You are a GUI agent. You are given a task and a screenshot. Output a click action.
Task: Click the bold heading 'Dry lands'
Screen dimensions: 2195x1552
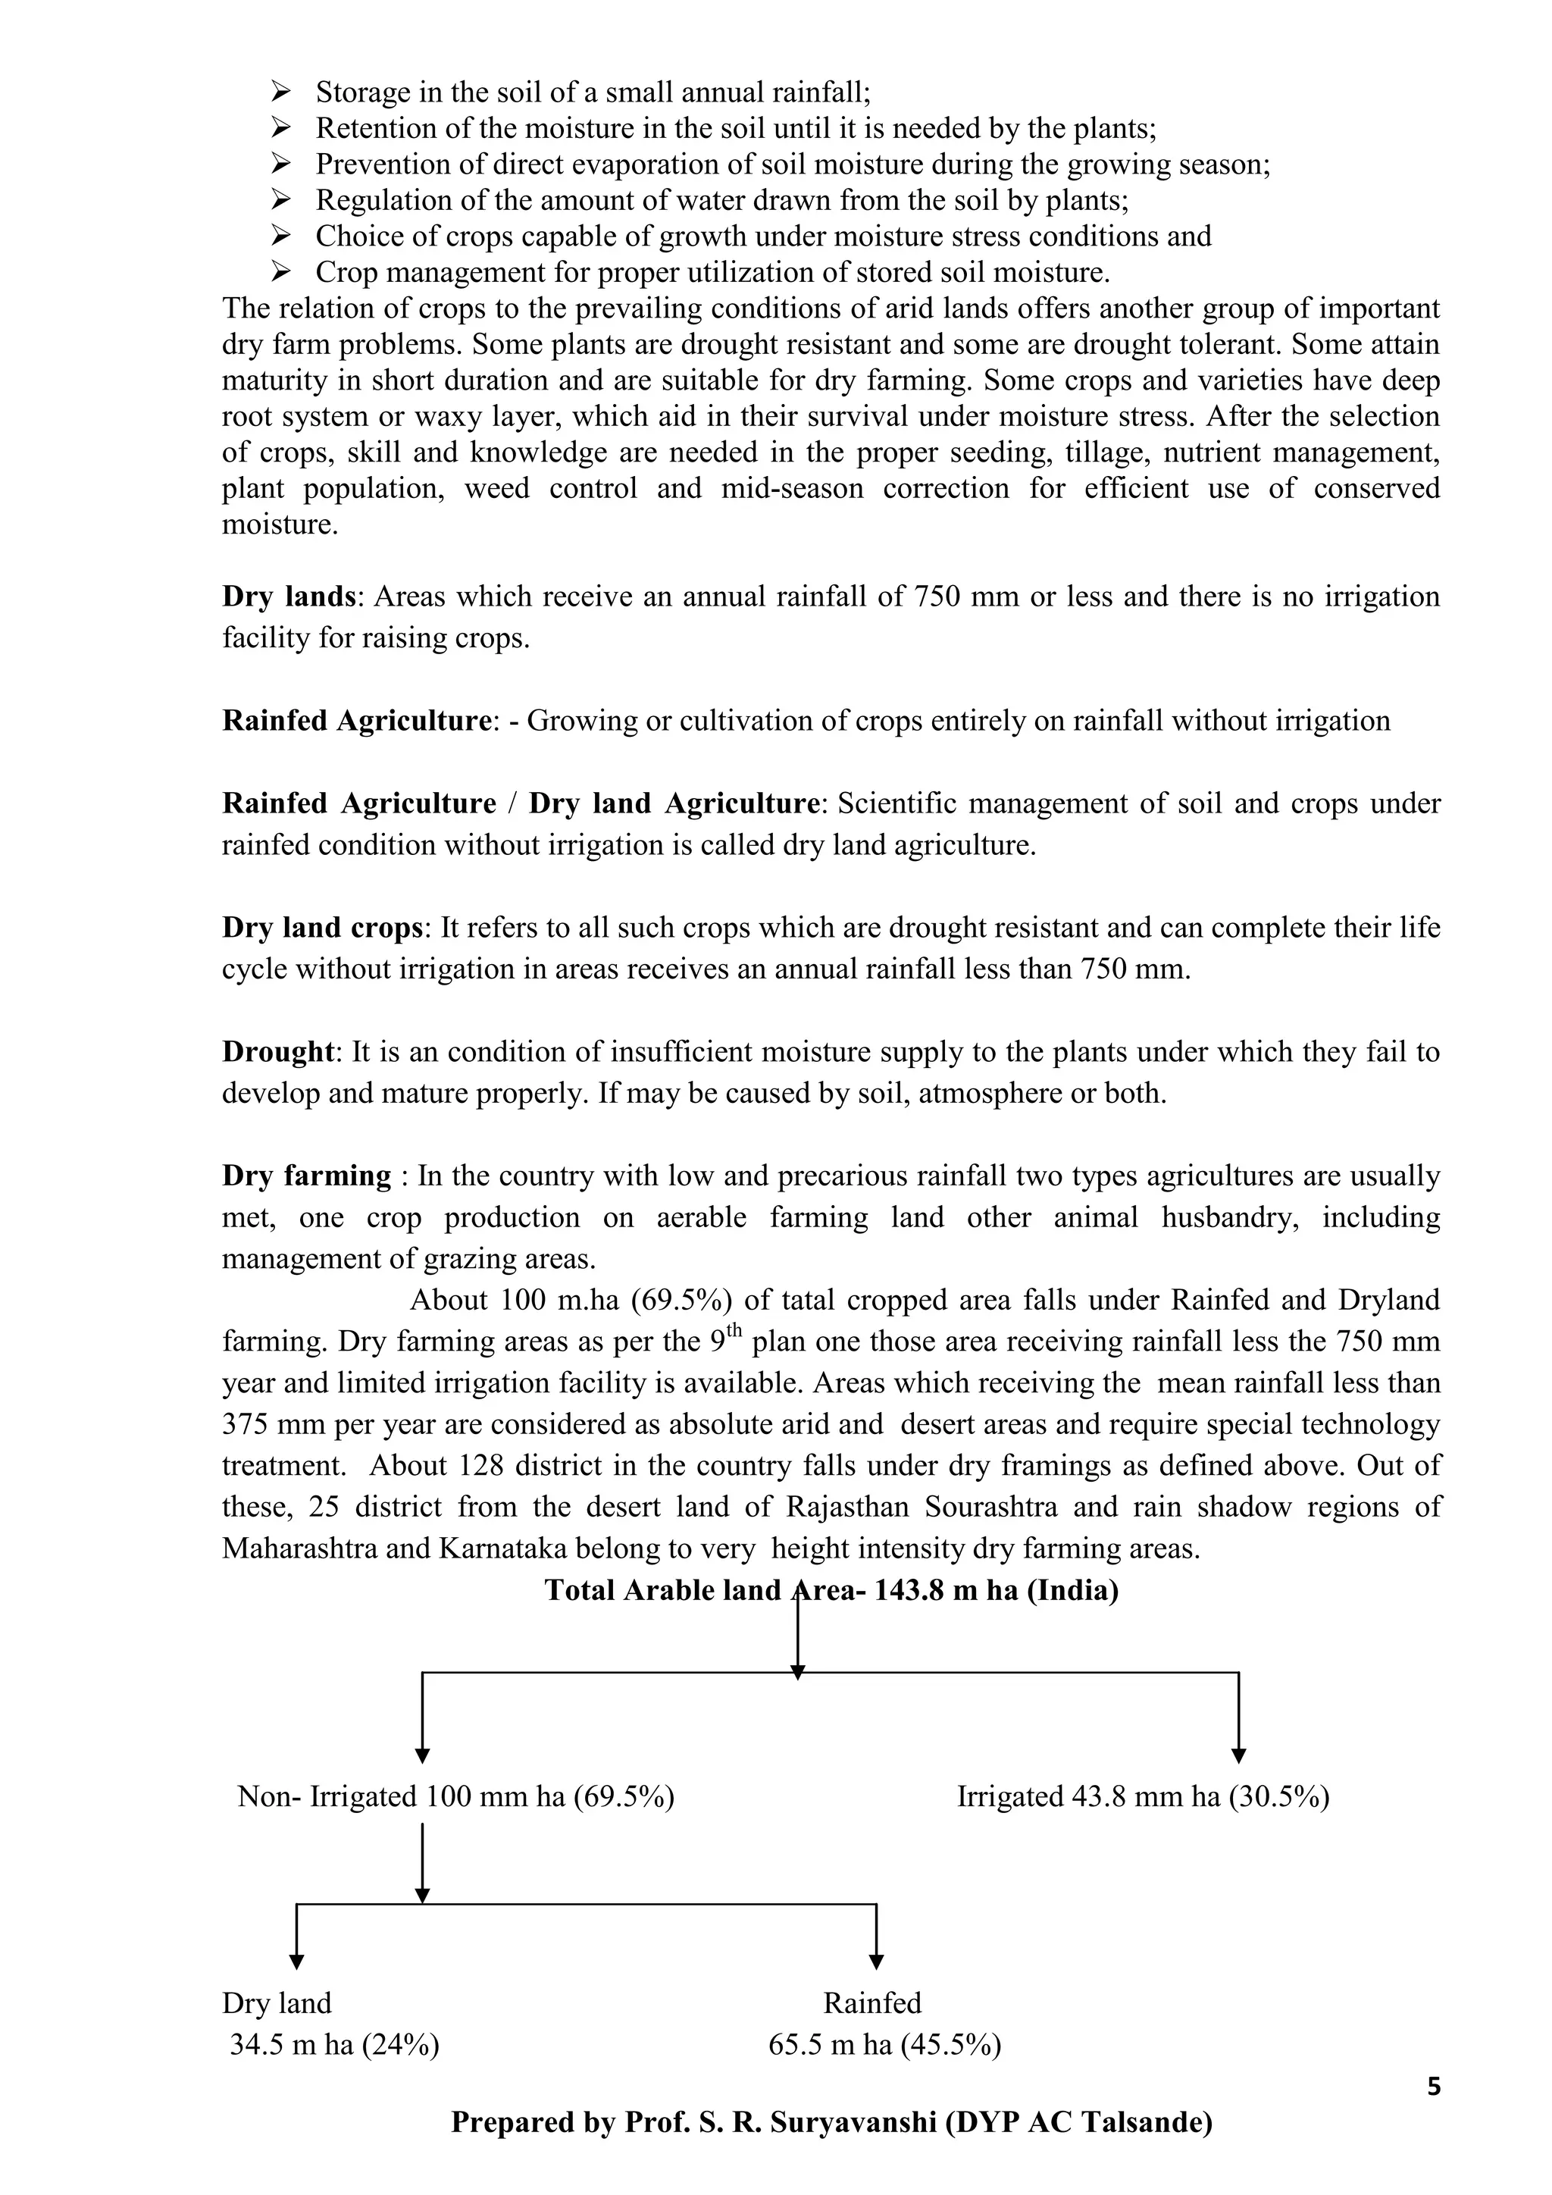[289, 597]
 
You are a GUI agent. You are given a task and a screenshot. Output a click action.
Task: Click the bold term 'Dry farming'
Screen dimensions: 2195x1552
[307, 1176]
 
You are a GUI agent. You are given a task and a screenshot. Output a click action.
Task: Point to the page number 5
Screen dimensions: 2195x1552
[1434, 2086]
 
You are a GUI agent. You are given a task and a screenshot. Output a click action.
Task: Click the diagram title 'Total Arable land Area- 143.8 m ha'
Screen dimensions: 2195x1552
[831, 1590]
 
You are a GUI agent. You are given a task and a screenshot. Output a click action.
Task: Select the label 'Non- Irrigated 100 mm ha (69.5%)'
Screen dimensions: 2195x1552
[456, 1796]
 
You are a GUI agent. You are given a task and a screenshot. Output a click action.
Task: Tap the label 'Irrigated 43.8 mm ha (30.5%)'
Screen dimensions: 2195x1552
[1143, 1796]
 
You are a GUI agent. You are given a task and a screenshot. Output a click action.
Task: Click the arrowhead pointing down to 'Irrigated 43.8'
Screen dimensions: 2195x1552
[1238, 1755]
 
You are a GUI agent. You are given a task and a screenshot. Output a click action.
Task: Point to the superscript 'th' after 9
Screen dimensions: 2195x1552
[734, 1330]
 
